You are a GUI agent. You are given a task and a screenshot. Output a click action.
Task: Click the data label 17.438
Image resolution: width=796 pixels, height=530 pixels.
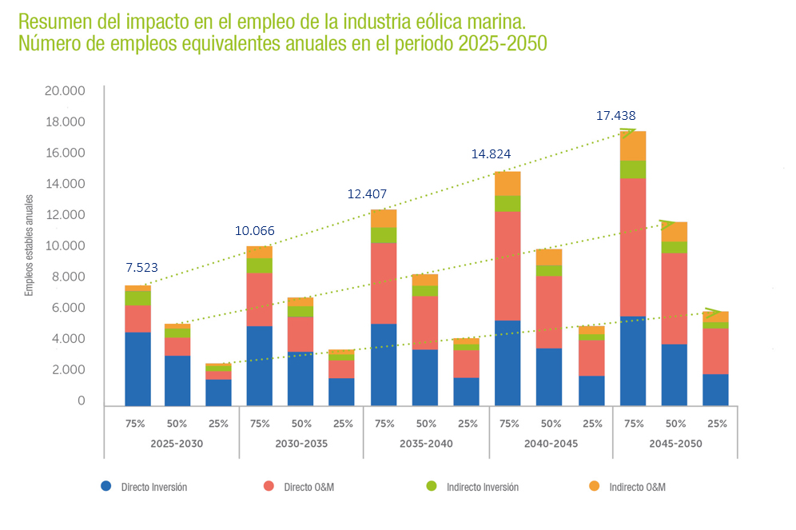click(x=615, y=116)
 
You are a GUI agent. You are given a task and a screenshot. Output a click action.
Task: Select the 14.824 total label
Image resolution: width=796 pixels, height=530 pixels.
click(x=491, y=154)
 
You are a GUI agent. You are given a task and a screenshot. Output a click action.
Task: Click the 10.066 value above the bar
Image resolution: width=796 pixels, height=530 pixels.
click(x=254, y=231)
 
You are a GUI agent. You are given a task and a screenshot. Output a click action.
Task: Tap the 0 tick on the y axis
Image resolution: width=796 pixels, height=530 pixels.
click(x=81, y=401)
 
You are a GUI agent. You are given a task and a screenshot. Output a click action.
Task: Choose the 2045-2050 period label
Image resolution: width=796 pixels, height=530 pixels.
click(x=675, y=443)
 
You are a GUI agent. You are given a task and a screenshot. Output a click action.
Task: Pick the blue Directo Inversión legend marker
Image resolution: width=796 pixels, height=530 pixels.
click(x=106, y=486)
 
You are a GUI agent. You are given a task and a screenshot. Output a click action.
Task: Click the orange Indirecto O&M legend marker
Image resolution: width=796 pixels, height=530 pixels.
click(x=593, y=486)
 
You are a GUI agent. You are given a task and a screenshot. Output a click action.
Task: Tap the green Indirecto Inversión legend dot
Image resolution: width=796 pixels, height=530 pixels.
click(x=431, y=486)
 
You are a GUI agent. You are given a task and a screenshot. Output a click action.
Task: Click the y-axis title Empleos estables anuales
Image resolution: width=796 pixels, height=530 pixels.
click(x=29, y=244)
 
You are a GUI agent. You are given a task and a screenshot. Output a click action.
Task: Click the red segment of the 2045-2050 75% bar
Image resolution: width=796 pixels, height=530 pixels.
click(x=633, y=247)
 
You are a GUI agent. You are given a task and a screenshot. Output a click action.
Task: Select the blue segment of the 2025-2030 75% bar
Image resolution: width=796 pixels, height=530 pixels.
click(x=137, y=369)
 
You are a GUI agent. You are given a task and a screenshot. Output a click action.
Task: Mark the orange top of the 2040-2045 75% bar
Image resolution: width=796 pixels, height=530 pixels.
click(x=507, y=183)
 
